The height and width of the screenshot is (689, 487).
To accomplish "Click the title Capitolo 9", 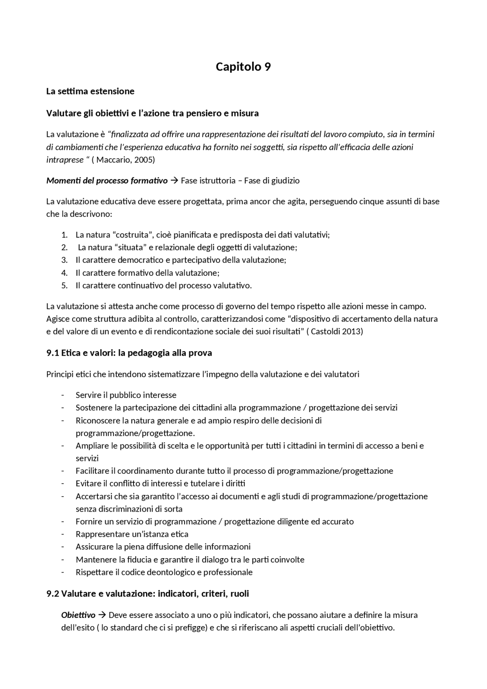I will click(x=243, y=67).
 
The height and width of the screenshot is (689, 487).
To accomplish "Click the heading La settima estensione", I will click(x=90, y=91).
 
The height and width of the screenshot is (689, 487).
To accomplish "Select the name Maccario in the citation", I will click(x=113, y=160).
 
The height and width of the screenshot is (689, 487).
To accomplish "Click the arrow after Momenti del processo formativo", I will click(x=175, y=181).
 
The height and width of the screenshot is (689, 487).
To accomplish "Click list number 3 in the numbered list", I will click(x=64, y=260).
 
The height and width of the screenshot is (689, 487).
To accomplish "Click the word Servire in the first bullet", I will click(x=89, y=395).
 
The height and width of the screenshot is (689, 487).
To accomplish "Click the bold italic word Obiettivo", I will click(x=78, y=615).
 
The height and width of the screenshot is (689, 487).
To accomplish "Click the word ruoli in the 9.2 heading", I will click(x=239, y=594).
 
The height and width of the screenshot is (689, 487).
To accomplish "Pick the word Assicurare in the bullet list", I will click(x=94, y=547).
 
